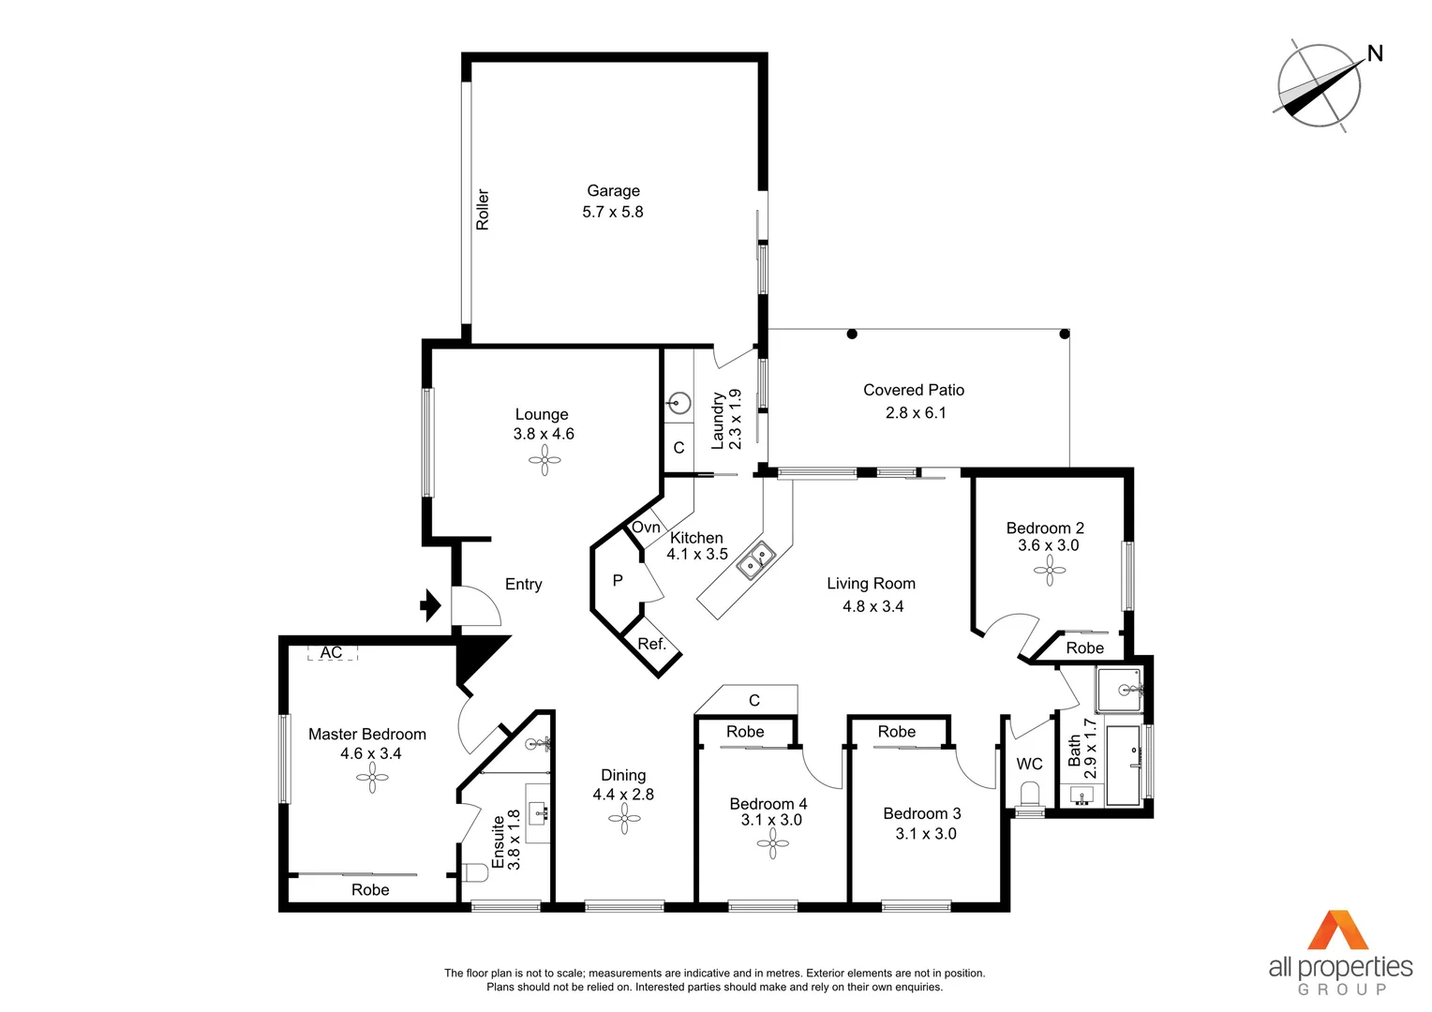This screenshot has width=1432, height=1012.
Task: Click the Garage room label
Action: tap(613, 190)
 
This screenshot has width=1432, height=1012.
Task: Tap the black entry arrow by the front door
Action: tap(430, 605)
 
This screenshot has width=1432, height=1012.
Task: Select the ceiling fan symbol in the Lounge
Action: tap(544, 459)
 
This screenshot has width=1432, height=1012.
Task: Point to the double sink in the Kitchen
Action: tap(755, 560)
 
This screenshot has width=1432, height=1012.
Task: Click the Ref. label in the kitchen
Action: tap(651, 644)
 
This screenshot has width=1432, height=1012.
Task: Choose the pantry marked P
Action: tap(618, 581)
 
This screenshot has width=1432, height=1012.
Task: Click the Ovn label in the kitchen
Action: tap(646, 528)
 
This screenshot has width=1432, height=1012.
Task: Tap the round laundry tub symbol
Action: tap(679, 404)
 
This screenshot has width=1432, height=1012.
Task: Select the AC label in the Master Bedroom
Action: tap(331, 652)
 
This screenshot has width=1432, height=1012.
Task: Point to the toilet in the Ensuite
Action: tap(476, 873)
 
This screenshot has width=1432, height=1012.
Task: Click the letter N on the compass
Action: tap(1375, 53)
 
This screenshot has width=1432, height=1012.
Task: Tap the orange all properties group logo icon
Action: tap(1339, 930)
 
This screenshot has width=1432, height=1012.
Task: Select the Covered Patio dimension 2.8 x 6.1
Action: tap(915, 412)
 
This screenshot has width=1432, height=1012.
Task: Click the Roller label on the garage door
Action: tap(483, 210)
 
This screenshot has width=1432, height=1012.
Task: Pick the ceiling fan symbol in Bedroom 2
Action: tap(1049, 570)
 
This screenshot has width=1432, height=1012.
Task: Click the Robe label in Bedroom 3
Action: tap(897, 732)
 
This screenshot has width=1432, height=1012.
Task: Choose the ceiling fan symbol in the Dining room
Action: tap(624, 819)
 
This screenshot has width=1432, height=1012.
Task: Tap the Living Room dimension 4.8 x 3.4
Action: tap(873, 606)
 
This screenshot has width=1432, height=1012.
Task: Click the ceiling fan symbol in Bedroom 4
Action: tap(773, 844)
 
